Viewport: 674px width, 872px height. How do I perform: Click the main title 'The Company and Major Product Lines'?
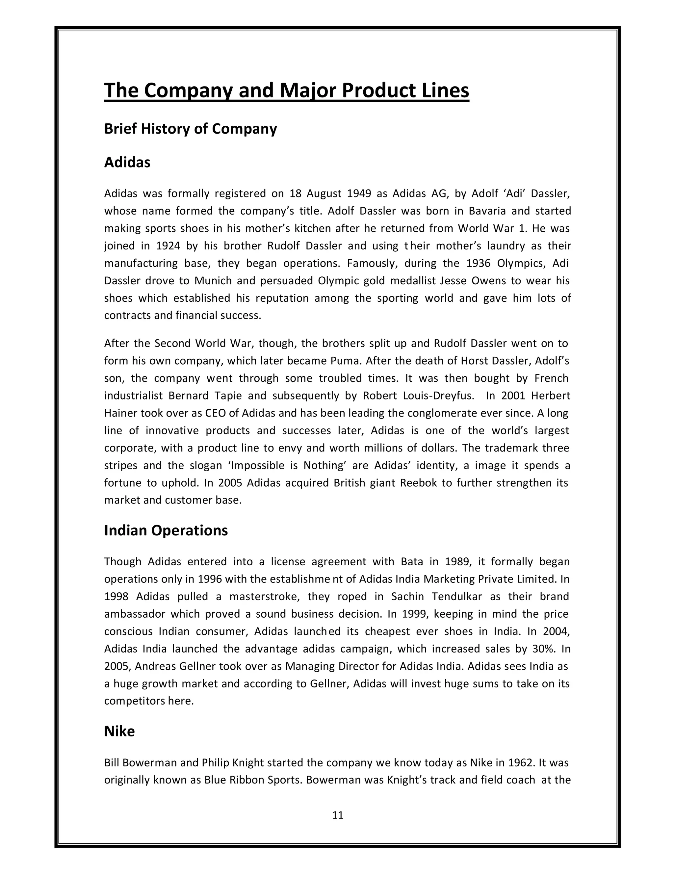pyautogui.click(x=286, y=90)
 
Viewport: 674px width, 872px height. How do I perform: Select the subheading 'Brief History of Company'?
pyautogui.click(x=191, y=129)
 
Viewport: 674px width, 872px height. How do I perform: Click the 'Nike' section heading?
pyautogui.click(x=119, y=731)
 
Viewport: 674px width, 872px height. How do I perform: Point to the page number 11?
pyautogui.click(x=337, y=815)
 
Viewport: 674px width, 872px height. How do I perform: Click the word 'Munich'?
pyautogui.click(x=213, y=281)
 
